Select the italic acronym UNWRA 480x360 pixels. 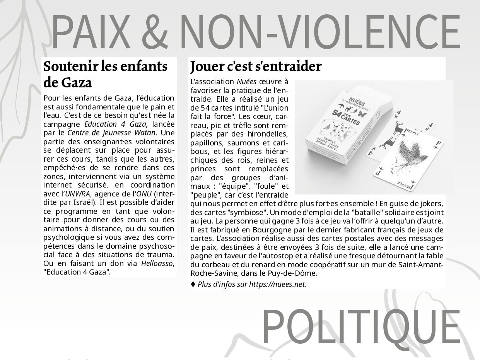(x=75, y=194)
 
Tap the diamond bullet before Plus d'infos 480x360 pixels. (x=193, y=284)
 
